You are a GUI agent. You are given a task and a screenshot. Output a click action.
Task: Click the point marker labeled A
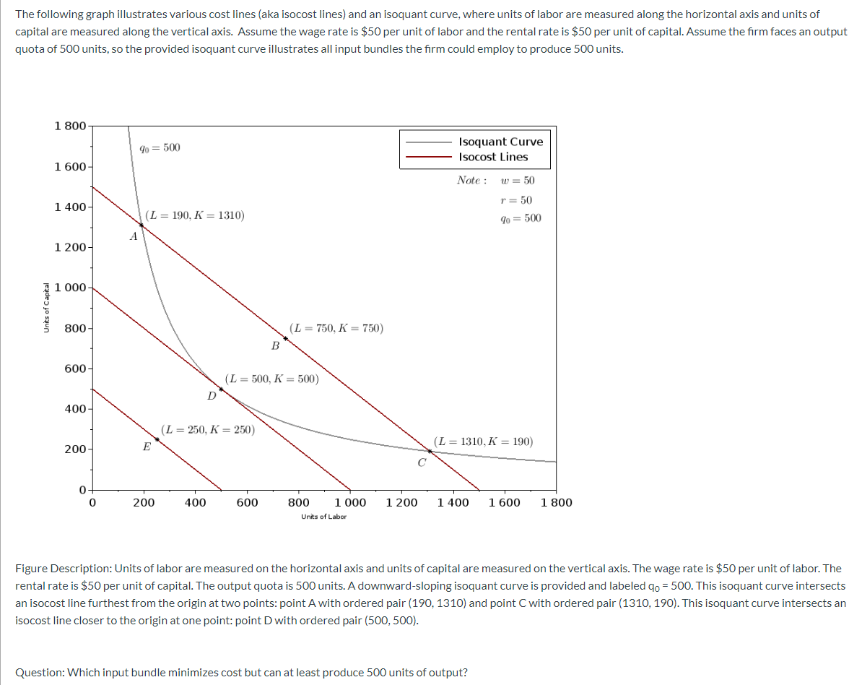(x=142, y=225)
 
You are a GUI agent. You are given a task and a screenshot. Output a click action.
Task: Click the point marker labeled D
(x=222, y=389)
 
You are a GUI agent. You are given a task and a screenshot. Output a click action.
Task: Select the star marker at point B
(x=286, y=338)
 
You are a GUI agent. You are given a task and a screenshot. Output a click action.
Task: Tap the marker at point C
(x=430, y=451)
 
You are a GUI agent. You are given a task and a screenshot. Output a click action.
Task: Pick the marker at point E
(x=157, y=439)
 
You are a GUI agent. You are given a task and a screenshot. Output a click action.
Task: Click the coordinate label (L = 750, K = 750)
(x=336, y=328)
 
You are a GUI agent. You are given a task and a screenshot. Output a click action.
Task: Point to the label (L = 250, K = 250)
(x=207, y=429)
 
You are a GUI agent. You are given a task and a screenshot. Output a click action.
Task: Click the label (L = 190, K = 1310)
(x=194, y=215)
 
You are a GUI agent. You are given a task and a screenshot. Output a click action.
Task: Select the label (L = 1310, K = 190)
(x=484, y=441)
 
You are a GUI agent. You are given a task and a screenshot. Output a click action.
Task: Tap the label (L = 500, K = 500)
(x=272, y=378)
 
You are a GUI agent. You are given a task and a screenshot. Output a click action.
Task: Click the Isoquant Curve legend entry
(x=500, y=142)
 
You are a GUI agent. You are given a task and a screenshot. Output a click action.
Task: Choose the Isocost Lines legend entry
(x=493, y=157)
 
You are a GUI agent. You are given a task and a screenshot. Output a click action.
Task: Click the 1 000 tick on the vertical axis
(x=71, y=288)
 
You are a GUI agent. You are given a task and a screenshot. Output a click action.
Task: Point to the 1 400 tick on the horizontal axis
(x=453, y=503)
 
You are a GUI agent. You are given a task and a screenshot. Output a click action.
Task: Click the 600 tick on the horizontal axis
(x=247, y=503)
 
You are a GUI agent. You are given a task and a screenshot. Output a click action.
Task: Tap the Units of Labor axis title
(x=323, y=517)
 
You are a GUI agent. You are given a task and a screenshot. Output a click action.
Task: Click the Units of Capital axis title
(x=46, y=307)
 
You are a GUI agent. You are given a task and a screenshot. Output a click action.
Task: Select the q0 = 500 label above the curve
(x=160, y=148)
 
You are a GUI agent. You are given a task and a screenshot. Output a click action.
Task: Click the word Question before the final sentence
(x=39, y=672)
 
